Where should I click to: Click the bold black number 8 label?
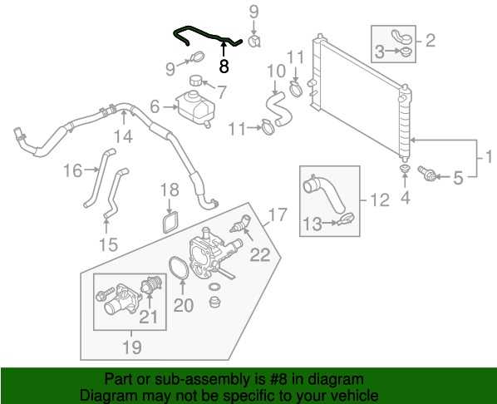point(224,67)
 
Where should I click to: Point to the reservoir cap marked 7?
point(195,81)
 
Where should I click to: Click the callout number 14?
point(123,136)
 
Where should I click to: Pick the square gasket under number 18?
point(171,223)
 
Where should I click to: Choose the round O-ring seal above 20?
point(179,269)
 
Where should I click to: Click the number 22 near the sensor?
point(260,254)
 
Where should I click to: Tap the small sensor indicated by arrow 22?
point(240,223)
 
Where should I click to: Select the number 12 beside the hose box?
point(380,200)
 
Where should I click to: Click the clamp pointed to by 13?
point(346,219)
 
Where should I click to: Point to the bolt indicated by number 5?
point(426,174)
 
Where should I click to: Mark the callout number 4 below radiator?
point(406,197)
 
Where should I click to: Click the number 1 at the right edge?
point(489,157)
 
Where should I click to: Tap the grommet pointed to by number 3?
point(405,52)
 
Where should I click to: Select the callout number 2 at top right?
point(431,41)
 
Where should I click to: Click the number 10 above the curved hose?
point(276,71)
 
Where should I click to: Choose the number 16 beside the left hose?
point(73,170)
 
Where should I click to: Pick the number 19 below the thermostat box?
point(132,347)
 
